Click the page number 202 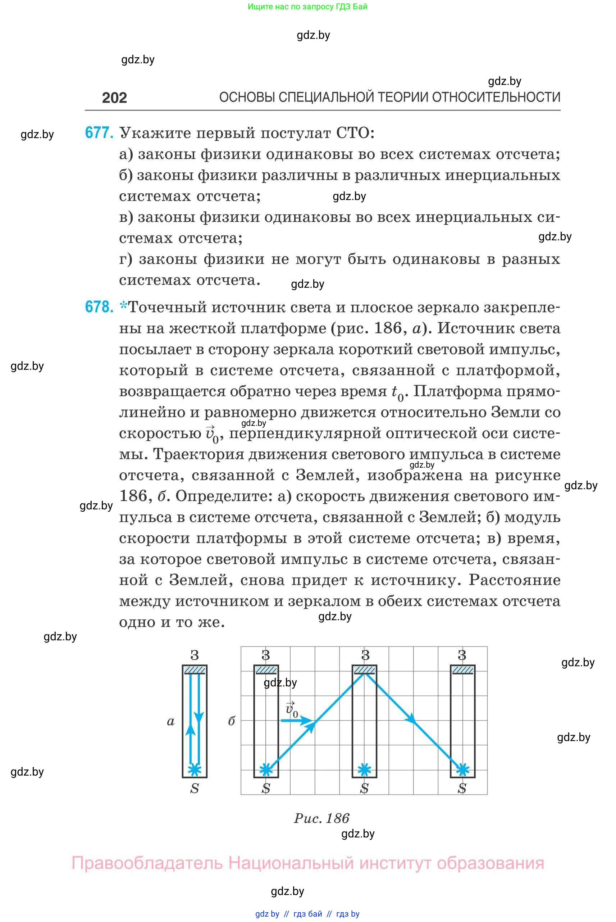[114, 97]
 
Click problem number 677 [99, 133]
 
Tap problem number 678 [99, 306]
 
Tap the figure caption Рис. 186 [321, 818]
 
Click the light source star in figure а [195, 769]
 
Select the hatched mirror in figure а [195, 669]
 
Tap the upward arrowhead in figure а [191, 730]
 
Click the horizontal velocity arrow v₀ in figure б [297, 721]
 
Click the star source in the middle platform [365, 769]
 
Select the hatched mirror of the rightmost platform [463, 669]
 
